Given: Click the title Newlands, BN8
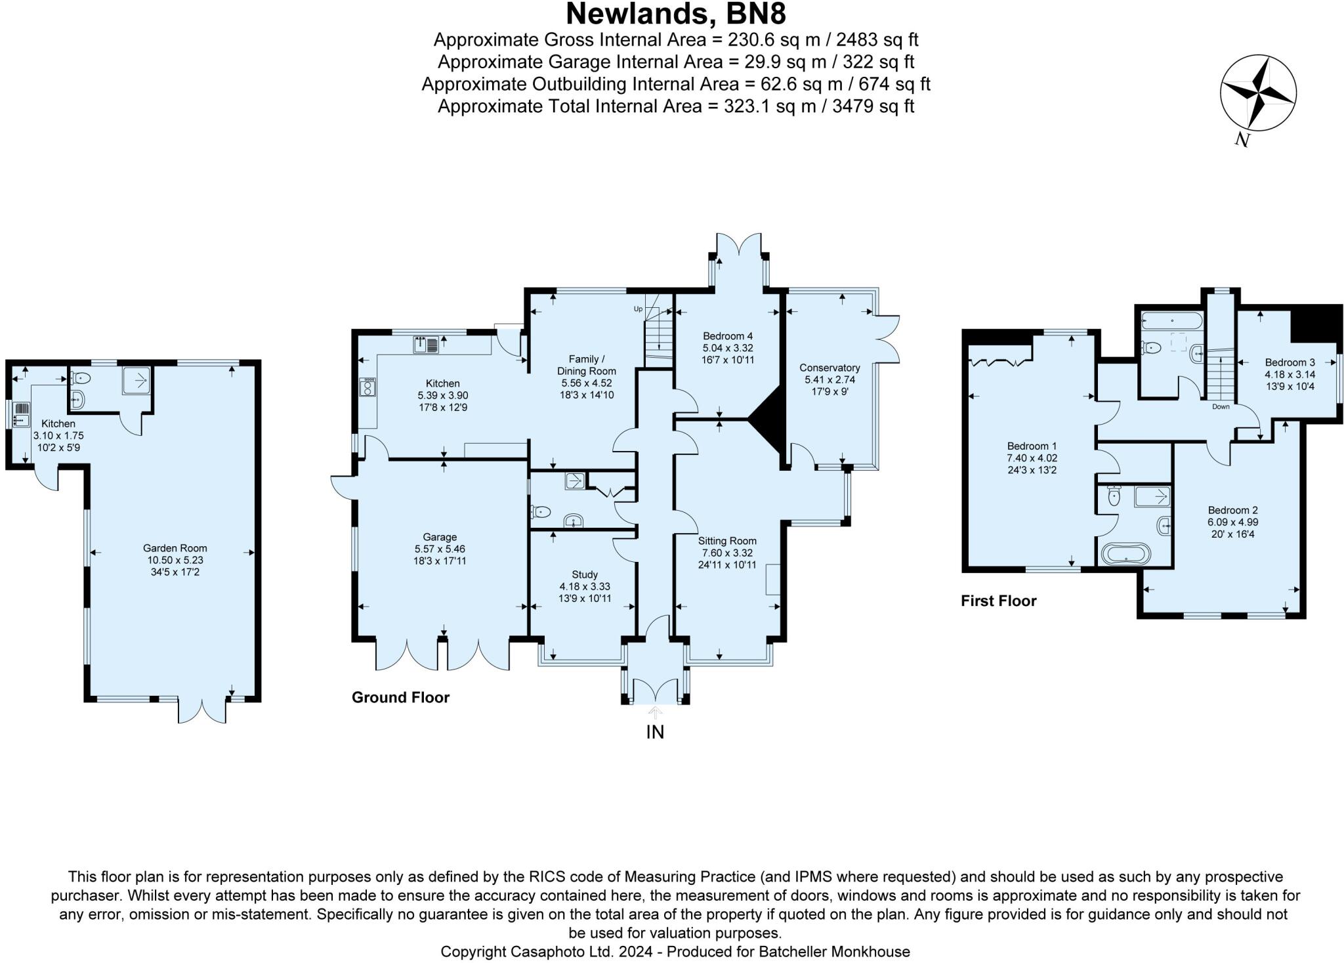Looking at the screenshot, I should tap(675, 13).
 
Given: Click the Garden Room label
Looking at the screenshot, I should tap(175, 548).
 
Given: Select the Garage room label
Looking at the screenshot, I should tap(440, 537).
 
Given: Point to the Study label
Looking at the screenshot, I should tap(585, 574).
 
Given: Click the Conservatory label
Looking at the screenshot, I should tap(829, 368).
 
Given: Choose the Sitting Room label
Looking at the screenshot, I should tap(727, 541).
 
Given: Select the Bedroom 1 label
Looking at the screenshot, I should tap(1028, 446).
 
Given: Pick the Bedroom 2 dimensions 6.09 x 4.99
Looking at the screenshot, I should tap(1232, 523).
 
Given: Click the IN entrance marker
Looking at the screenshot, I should tap(655, 732).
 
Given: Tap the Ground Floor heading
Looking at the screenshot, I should tap(400, 697).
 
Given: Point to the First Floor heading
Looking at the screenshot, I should tap(998, 601).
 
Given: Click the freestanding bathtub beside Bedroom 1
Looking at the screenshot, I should tap(1126, 553).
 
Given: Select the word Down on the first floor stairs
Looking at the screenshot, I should tap(1221, 406).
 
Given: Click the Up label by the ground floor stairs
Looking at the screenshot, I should tap(637, 309).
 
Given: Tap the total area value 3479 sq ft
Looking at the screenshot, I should tap(873, 106).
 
